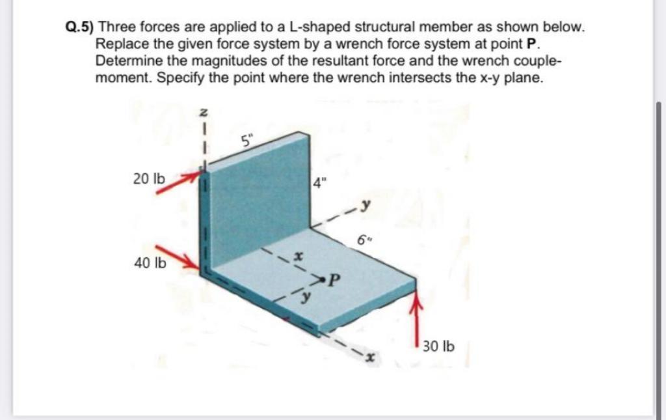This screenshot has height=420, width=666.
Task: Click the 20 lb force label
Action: click(x=149, y=179)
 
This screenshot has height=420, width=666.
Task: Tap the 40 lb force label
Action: click(x=149, y=263)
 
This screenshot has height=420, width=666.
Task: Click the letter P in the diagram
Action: click(x=334, y=281)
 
